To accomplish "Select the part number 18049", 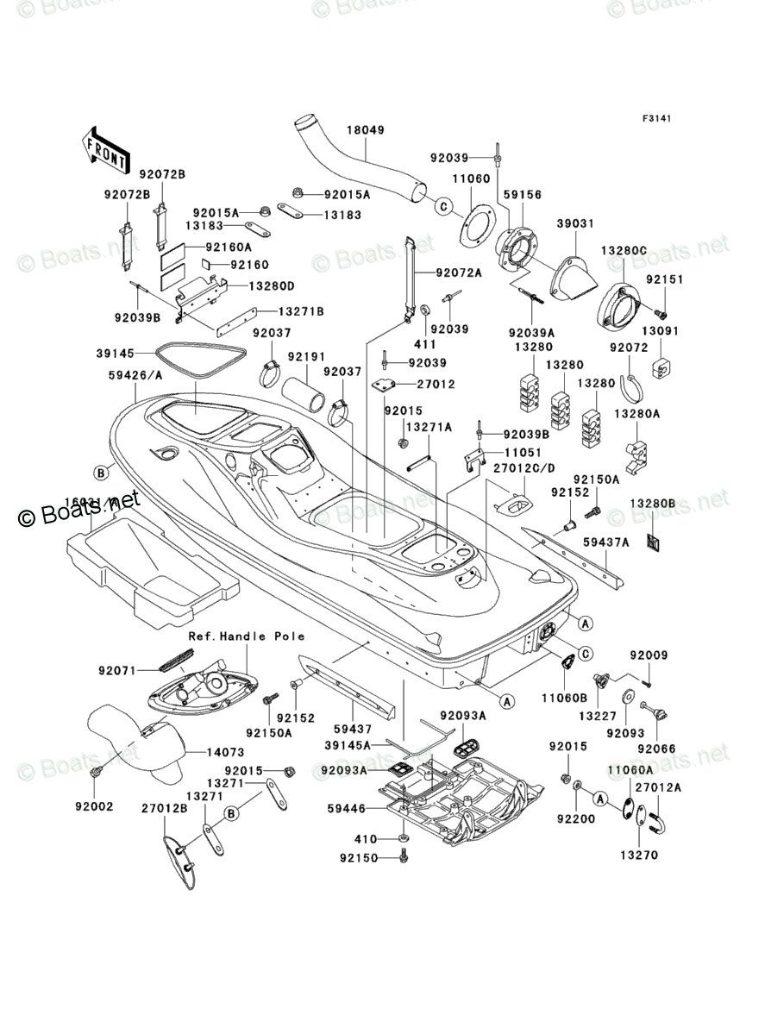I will coord(365,130).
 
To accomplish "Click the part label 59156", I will coord(523,195).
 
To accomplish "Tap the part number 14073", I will coord(226,752).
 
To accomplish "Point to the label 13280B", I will coord(651,503).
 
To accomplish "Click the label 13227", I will coord(596,716).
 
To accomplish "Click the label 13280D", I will coord(272,285).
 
